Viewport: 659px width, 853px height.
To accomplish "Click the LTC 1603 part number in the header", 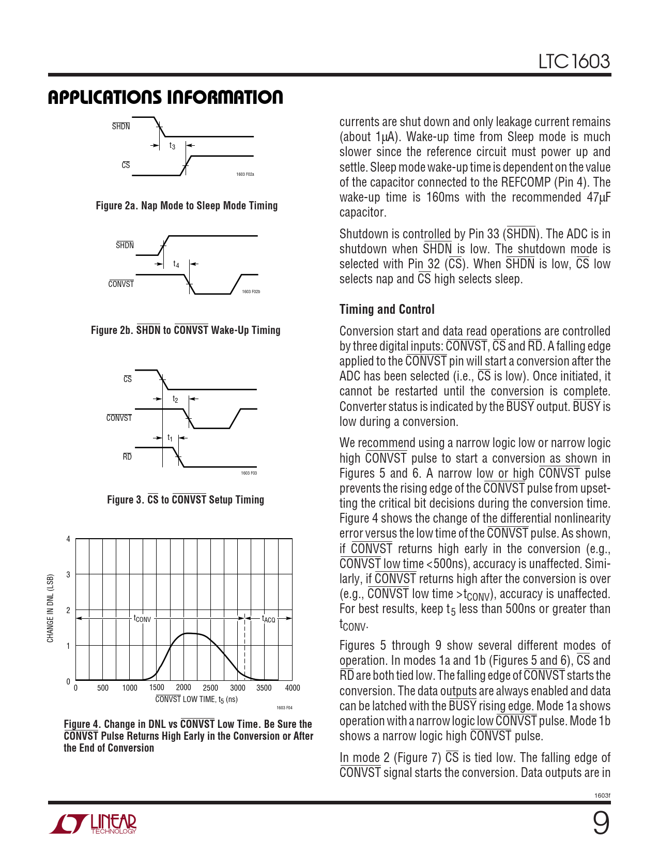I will tap(574, 62).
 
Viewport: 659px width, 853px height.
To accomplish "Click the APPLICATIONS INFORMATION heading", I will tap(165, 97).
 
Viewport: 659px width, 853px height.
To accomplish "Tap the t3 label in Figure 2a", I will tap(172, 146).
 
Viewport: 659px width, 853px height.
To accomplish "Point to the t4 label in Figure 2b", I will tap(176, 264).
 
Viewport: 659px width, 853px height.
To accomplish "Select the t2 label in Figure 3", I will tap(175, 399).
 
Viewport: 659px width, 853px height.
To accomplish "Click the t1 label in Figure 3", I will tap(170, 438).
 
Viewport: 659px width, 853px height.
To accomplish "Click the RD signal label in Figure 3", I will tap(127, 456).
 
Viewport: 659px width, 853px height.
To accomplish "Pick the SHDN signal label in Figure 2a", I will tap(121, 126).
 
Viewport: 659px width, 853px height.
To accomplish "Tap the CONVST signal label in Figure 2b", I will tap(121, 284).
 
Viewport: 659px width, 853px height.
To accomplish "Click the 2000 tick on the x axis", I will tap(183, 688).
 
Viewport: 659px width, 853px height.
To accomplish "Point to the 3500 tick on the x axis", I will tap(264, 688).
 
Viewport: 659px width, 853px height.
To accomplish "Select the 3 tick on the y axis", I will tap(68, 574).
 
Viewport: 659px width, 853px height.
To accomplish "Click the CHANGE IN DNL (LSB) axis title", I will tap(50, 608).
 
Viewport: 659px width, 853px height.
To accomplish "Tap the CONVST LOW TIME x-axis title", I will tap(196, 699).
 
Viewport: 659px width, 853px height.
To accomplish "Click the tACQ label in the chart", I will tap(268, 619).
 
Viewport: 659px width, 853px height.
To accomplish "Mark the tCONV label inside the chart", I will tap(142, 618).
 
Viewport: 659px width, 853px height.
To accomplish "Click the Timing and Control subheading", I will tap(387, 309).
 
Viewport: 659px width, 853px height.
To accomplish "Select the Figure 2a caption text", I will tap(187, 206).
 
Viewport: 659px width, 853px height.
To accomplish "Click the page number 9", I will tap(601, 823).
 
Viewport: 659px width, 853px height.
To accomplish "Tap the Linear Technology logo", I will tap(94, 824).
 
